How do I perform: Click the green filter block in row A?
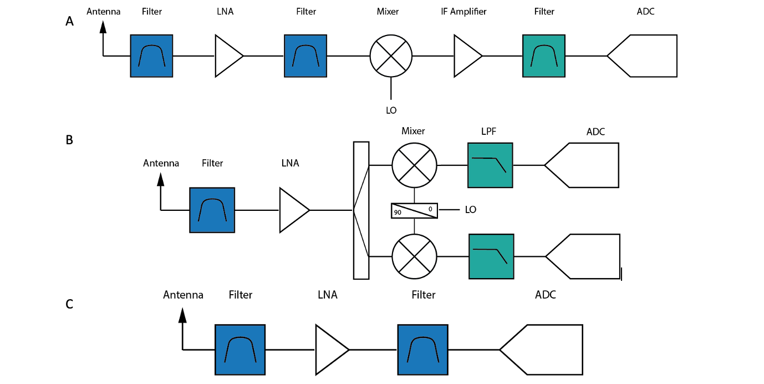click(543, 55)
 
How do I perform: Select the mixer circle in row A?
click(391, 55)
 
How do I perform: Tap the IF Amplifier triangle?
click(466, 55)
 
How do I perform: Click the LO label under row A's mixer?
click(391, 110)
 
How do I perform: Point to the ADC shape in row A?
click(646, 55)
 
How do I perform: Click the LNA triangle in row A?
click(227, 55)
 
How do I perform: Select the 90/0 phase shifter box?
click(414, 210)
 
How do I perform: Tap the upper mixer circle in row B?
click(414, 165)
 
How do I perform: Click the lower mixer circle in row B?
click(414, 256)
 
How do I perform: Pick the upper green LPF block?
click(490, 165)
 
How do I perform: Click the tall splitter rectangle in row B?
click(361, 210)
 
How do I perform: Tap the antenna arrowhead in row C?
click(182, 316)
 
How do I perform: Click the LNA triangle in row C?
click(330, 350)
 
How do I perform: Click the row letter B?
click(69, 140)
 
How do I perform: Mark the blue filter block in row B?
click(212, 210)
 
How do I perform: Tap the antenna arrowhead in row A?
click(103, 26)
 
